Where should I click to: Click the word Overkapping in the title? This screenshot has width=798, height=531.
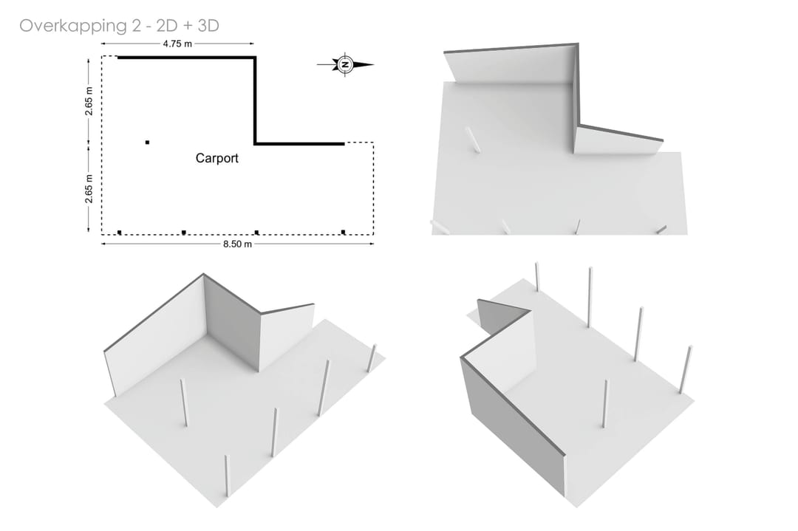click(73, 26)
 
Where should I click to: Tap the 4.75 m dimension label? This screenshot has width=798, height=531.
click(177, 44)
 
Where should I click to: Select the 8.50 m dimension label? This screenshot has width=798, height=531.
click(237, 244)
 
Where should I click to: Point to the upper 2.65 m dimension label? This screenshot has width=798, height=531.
click(89, 101)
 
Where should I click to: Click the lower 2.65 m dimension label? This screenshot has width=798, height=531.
click(89, 189)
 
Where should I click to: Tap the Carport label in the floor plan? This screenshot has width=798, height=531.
click(216, 158)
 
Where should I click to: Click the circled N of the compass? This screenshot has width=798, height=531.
click(345, 64)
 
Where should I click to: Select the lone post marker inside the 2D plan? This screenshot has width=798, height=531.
click(147, 143)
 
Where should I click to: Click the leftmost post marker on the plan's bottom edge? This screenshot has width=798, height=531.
click(120, 233)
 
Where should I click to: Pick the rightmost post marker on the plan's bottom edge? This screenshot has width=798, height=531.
click(343, 233)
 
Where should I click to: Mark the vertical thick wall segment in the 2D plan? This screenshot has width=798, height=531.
click(255, 100)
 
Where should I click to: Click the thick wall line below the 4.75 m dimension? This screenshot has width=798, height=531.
click(187, 58)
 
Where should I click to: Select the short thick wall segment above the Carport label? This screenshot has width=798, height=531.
click(299, 144)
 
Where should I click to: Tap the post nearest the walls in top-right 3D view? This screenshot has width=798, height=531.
click(473, 140)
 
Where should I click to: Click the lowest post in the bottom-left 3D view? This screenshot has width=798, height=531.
click(227, 476)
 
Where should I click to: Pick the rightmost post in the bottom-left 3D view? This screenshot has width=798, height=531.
click(372, 358)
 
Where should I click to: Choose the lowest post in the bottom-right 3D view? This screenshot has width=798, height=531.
click(604, 403)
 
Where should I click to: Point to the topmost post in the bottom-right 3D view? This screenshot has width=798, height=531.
click(537, 277)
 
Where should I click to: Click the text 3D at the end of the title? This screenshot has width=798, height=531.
click(208, 25)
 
